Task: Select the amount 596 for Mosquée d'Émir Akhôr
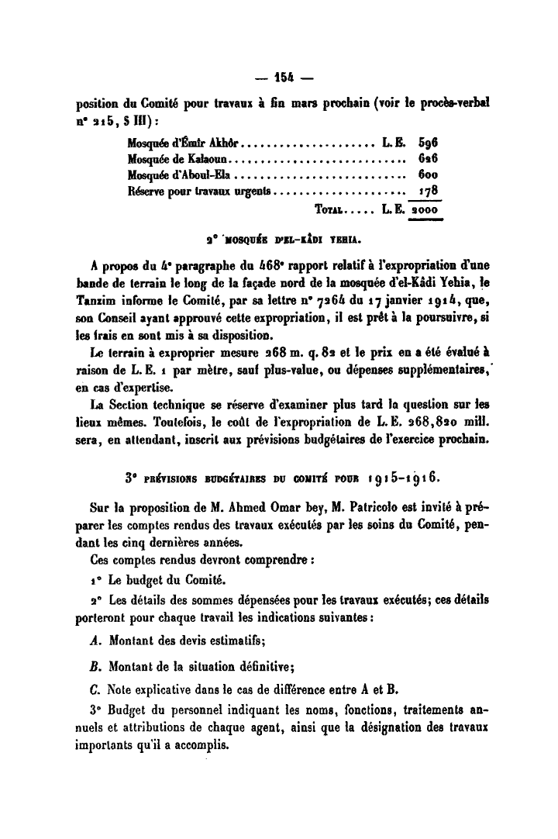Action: [428, 144]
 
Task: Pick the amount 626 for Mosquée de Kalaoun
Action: [428, 159]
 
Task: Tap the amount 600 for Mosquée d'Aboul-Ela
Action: [428, 174]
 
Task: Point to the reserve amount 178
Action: [429, 190]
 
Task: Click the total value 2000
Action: [425, 209]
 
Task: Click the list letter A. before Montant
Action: [95, 640]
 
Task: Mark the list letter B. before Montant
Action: [95, 665]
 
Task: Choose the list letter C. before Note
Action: [95, 690]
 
